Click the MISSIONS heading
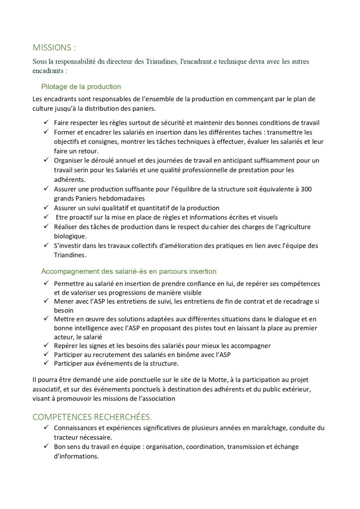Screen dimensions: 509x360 54,48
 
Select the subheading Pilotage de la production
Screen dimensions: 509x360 81,86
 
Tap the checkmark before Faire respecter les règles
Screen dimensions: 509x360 45,123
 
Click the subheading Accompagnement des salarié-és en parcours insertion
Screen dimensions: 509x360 129,271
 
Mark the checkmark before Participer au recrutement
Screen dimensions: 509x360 45,354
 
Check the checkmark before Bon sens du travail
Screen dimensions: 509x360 45,447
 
